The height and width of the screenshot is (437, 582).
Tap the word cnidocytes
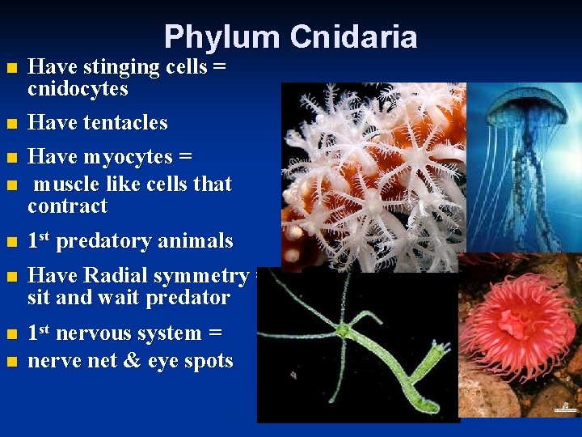click(x=78, y=89)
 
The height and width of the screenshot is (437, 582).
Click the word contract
click(x=67, y=206)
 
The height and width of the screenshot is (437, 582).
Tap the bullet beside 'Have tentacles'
click(x=10, y=124)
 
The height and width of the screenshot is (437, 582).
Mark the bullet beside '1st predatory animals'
click(x=10, y=242)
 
